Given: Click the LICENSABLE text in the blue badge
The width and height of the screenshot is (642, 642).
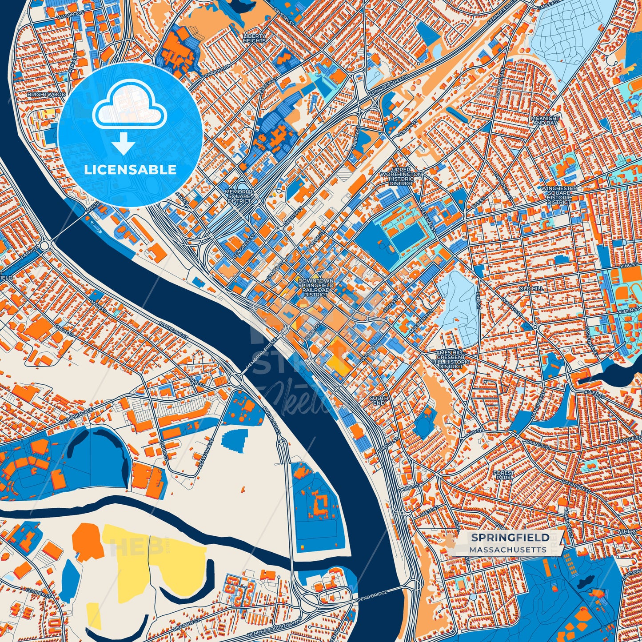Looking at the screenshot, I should coord(130,170).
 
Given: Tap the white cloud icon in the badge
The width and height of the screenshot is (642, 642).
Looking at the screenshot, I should coord(129,106).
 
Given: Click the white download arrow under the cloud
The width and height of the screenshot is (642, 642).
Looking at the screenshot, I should coord(124,144).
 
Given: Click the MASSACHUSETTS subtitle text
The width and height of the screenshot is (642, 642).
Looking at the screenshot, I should coord(507,550).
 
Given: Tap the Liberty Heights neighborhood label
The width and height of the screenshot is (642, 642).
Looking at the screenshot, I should coord(254,38).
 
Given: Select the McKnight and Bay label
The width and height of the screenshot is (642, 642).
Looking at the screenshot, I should coord(545,120).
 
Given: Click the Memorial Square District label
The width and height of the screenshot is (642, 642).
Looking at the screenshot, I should coord(239,196).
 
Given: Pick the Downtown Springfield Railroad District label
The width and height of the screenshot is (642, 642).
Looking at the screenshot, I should coord(316,287).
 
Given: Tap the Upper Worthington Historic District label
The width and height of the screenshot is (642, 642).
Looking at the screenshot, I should coord(401,177).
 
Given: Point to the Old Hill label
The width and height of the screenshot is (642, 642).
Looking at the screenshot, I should coord(531,288).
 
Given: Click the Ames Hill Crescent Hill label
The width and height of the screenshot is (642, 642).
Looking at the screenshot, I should coord(451,359).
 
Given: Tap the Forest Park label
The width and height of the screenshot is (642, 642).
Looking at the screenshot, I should coord(503,475).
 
